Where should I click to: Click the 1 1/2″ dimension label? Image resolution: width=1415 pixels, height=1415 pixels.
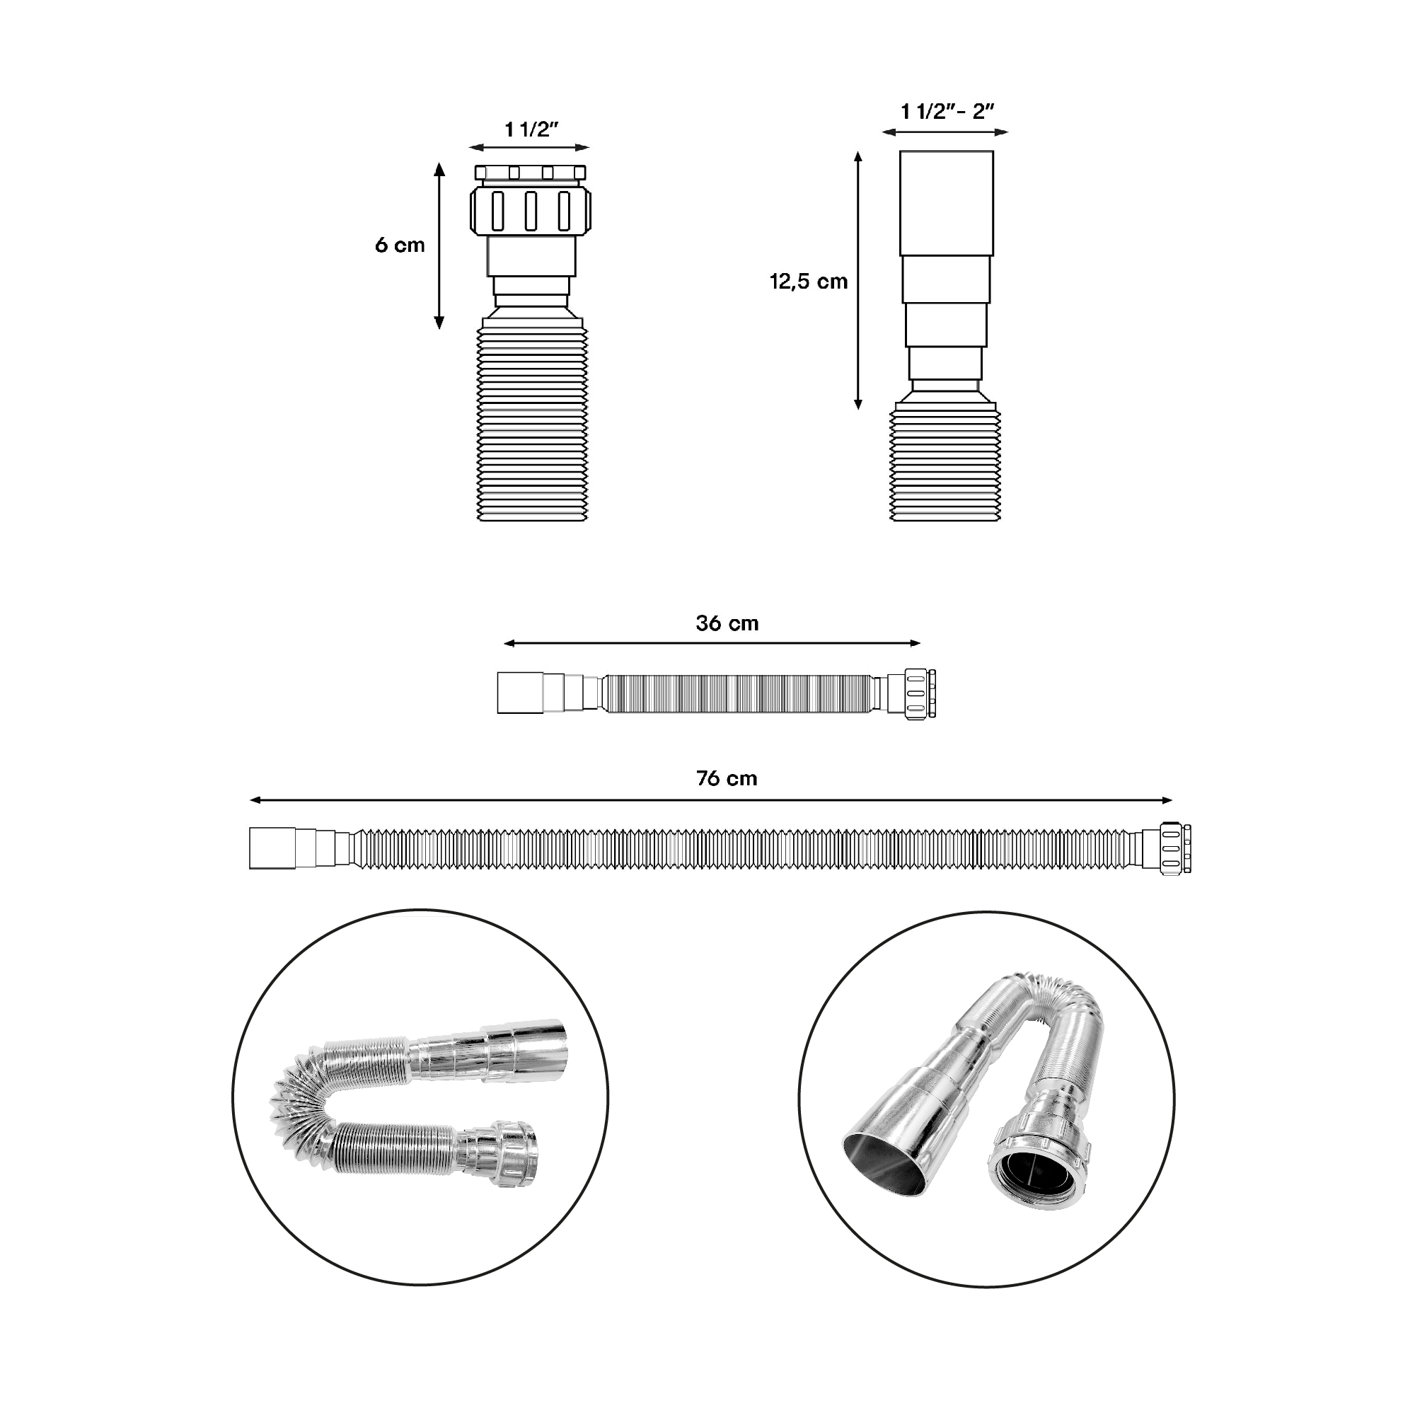[x=532, y=129]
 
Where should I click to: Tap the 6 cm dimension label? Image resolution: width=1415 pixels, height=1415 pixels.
[x=400, y=245]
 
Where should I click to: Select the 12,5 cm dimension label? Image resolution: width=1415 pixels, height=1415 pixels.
[x=809, y=282]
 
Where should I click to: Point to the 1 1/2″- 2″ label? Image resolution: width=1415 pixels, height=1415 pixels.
[x=947, y=111]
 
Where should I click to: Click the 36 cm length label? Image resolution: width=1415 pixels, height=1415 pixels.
[x=727, y=623]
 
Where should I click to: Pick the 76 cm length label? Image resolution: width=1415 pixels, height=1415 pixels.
[x=727, y=778]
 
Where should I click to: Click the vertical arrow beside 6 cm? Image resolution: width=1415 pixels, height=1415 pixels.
[x=439, y=246]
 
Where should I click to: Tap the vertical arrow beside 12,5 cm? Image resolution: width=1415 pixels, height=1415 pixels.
[x=858, y=280]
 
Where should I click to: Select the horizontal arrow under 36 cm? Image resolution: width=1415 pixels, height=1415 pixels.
[x=712, y=643]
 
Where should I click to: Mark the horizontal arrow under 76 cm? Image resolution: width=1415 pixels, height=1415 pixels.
[x=711, y=800]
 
